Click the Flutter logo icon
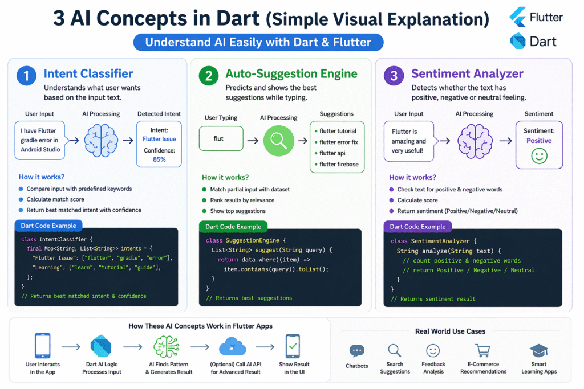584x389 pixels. pyautogui.click(x=518, y=17)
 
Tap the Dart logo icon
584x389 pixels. pyautogui.click(x=518, y=42)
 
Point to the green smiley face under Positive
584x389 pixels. pyautogui.click(x=539, y=156)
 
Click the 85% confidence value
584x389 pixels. pyautogui.click(x=159, y=159)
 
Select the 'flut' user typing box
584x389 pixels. pyautogui.click(x=221, y=138)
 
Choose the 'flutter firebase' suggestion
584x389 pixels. pyautogui.click(x=339, y=164)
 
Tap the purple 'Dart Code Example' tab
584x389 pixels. pyautogui.click(x=417, y=226)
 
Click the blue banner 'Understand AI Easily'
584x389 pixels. pyautogui.click(x=258, y=42)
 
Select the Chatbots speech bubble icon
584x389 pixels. pyautogui.click(x=356, y=351)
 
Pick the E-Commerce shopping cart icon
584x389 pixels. pyautogui.click(x=483, y=351)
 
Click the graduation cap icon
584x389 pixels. pyautogui.click(x=538, y=351)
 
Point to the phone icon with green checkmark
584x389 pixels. pyautogui.click(x=293, y=346)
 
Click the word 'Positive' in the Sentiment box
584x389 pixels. pyautogui.click(x=539, y=141)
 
